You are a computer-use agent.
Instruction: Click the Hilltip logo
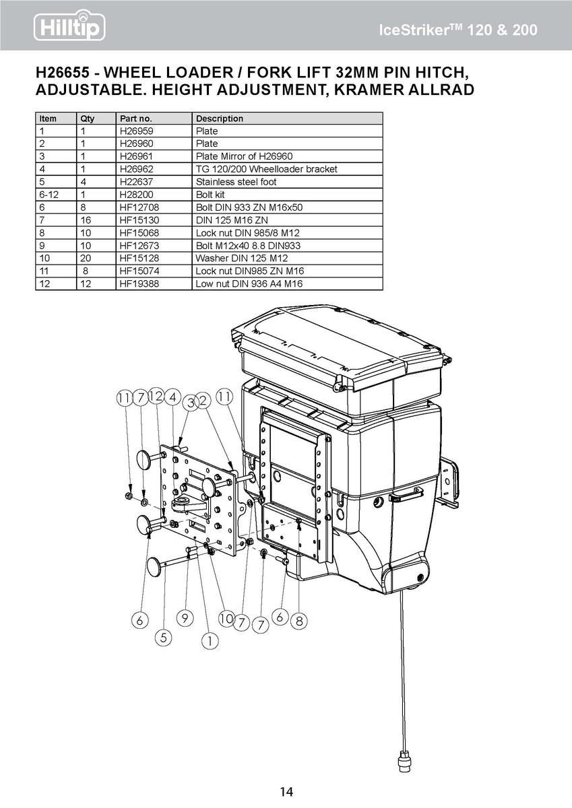pos(69,26)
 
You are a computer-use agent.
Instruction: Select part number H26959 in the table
pos(136,131)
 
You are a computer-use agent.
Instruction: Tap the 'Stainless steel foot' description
pos(236,182)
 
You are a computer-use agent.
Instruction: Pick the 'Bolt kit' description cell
pos(210,195)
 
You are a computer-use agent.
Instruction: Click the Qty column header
pos(88,119)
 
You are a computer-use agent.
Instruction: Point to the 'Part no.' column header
pos(135,119)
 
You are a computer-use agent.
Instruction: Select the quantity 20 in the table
pos(86,259)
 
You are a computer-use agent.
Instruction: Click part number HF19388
pos(139,284)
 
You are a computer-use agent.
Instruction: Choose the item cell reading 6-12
pos(49,195)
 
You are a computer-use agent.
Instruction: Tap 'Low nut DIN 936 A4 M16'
pos(249,284)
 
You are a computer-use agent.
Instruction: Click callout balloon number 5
pos(164,638)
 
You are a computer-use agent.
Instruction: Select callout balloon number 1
pos(210,641)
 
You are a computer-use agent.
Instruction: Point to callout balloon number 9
pos(185,618)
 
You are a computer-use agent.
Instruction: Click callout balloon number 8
pos(299,621)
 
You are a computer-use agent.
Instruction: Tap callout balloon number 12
pos(156,396)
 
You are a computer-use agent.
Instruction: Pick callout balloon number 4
pos(173,397)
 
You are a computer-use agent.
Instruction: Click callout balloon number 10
pos(226,619)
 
